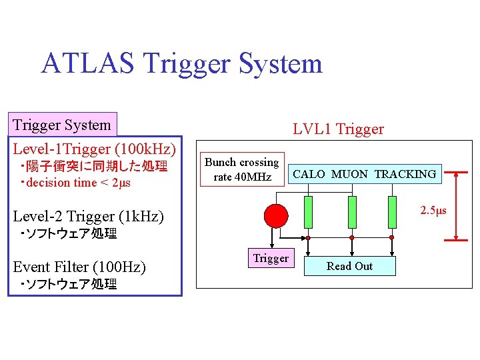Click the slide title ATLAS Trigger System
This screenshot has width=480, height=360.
[181, 64]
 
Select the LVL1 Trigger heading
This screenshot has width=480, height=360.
[338, 129]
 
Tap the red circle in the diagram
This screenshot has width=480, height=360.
[276, 215]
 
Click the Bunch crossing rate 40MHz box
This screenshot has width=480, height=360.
[241, 169]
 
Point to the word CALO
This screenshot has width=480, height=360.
[309, 174]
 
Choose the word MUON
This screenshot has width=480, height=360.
[349, 174]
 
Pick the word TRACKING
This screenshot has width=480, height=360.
[405, 174]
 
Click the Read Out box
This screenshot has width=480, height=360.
[349, 266]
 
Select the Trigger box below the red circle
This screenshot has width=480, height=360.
[271, 259]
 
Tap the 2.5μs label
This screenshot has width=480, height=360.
[433, 211]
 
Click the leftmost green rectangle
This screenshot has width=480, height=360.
[309, 211]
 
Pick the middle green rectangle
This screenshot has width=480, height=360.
[352, 211]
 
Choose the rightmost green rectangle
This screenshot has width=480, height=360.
[393, 211]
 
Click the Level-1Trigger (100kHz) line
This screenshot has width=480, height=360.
[95, 148]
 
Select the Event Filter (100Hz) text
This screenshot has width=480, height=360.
[79, 267]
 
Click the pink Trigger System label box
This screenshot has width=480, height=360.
[63, 125]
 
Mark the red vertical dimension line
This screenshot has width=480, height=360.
[456, 205]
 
